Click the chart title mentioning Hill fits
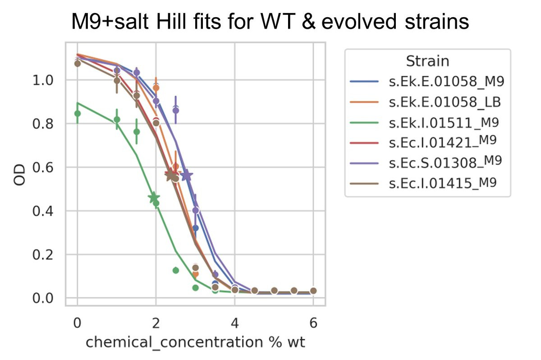(x=270, y=22)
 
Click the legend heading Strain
(x=427, y=61)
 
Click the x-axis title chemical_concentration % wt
(x=195, y=342)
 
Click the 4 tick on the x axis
(x=234, y=323)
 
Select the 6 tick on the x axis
(x=313, y=323)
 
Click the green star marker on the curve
(x=154, y=198)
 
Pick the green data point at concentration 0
(x=78, y=114)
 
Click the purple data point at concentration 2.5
(x=176, y=110)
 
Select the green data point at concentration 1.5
(x=137, y=132)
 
